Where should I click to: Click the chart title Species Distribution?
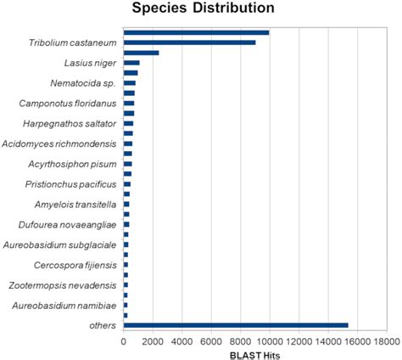tap(201, 9)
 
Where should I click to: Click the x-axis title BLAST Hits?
tap(254, 354)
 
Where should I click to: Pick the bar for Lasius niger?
tap(131, 64)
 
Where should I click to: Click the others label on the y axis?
tap(102, 325)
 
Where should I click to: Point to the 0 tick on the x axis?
tap(124, 340)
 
